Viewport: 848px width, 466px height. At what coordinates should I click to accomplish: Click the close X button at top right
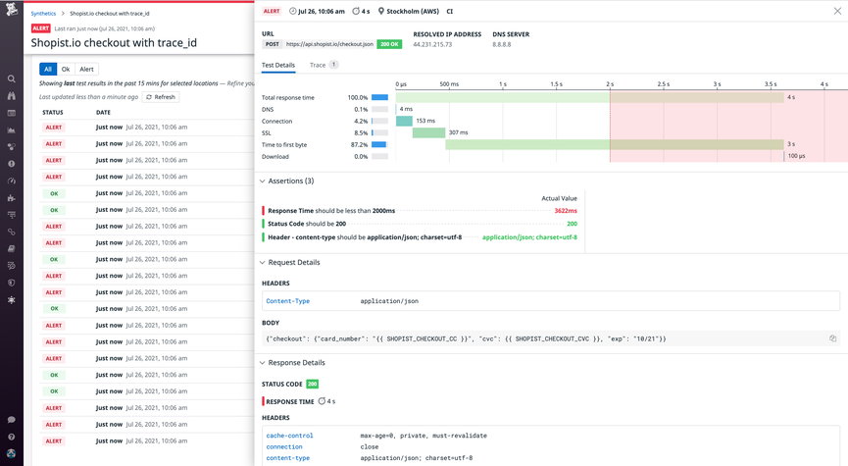(x=837, y=12)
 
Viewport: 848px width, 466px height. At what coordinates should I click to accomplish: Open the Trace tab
(x=318, y=65)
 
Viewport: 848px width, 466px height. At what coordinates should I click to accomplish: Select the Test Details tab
(x=278, y=65)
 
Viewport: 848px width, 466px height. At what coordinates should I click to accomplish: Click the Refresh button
(x=161, y=97)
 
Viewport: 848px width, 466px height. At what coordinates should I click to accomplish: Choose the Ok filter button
(x=66, y=69)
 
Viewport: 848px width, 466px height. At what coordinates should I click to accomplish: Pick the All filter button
(x=47, y=69)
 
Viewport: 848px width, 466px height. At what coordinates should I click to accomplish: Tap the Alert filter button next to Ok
(x=86, y=69)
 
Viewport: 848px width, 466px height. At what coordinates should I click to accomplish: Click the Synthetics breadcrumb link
(x=43, y=14)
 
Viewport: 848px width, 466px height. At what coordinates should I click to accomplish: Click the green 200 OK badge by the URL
(x=389, y=44)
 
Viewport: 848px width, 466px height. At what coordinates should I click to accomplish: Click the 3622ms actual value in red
(x=565, y=211)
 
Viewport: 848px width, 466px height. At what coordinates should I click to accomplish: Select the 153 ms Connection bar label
(x=425, y=121)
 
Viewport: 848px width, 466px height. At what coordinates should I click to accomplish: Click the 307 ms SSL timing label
(x=458, y=132)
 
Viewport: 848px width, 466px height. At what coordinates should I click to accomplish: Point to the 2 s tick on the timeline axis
(x=610, y=84)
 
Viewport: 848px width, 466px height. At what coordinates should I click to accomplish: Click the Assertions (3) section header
(x=290, y=181)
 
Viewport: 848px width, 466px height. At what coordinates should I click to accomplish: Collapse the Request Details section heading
(x=293, y=262)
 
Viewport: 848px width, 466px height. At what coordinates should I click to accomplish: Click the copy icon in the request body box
(x=832, y=338)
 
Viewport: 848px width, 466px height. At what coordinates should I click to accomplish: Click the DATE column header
(x=103, y=113)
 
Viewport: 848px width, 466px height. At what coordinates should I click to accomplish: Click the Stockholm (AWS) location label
(x=409, y=12)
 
